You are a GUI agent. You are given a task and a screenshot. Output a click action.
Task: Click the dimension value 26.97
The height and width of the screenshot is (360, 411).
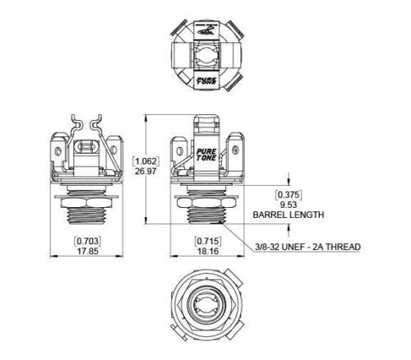pos(145,172)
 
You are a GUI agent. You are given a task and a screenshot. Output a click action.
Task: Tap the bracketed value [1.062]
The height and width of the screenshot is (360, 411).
pos(145,160)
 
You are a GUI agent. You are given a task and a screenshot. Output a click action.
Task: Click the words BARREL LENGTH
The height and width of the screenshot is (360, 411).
pos(288,215)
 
